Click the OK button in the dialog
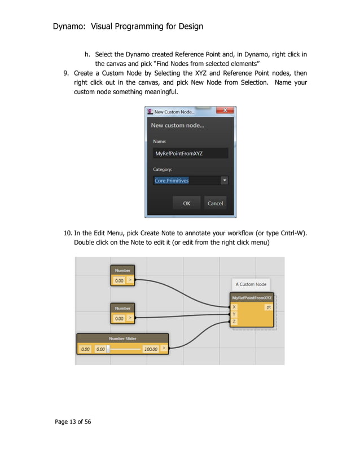[186, 203]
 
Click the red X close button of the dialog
[226, 111]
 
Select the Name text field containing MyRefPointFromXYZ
[190, 153]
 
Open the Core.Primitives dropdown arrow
[224, 181]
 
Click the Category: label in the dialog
[163, 169]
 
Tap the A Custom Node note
[251, 284]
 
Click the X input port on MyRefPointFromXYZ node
[234, 307]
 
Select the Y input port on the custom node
[234, 314]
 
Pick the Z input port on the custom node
[234, 322]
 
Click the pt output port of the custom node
[269, 307]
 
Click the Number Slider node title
[122, 338]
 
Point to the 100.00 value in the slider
[150, 349]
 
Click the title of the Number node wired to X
[122, 270]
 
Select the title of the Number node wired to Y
[122, 308]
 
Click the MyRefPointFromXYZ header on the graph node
[252, 298]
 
